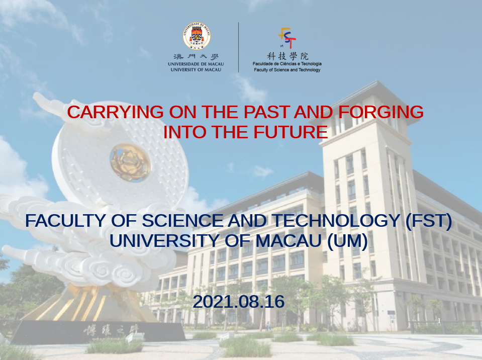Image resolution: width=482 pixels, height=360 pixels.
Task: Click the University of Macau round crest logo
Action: (x=197, y=36)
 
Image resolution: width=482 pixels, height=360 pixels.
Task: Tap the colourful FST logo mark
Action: (x=287, y=38)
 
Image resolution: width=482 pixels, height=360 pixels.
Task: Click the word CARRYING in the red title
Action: (x=115, y=112)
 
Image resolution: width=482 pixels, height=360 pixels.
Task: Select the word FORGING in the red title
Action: (x=381, y=112)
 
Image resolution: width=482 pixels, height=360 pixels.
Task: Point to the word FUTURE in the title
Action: (x=291, y=132)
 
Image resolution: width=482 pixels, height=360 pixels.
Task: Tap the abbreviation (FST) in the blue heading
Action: (x=429, y=221)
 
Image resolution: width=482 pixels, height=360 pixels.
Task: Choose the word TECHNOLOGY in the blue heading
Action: (x=336, y=221)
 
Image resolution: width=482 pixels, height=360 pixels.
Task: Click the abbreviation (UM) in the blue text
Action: (x=347, y=241)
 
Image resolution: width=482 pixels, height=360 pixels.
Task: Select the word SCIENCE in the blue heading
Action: (x=182, y=221)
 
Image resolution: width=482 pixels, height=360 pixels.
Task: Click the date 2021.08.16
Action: (x=239, y=302)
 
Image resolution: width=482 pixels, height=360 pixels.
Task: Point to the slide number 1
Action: (x=439, y=321)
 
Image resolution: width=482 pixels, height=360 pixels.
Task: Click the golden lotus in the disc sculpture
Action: (x=130, y=163)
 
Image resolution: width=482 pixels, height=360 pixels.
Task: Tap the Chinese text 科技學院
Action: (x=287, y=56)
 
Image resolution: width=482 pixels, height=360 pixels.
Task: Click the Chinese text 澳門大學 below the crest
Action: (x=196, y=57)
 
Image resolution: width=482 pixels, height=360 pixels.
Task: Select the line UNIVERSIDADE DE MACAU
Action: (x=196, y=64)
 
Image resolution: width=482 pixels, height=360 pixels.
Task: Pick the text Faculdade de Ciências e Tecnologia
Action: (x=287, y=64)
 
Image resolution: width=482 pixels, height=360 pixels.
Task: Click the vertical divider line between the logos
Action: (x=239, y=47)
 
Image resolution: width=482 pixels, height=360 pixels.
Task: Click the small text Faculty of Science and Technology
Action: (x=287, y=70)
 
